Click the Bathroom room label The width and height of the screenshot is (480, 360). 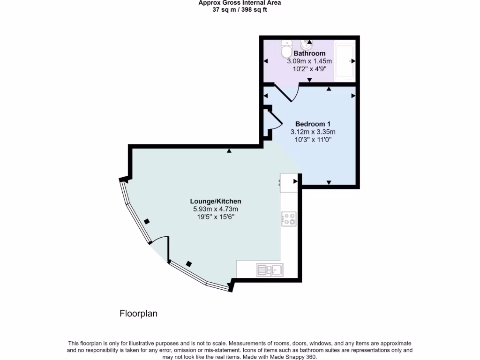click(309, 53)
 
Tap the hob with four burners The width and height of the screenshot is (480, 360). click(289, 219)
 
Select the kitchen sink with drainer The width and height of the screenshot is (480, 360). click(269, 270)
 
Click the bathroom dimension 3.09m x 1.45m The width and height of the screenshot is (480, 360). click(309, 61)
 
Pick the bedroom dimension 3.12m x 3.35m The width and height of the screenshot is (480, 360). click(313, 132)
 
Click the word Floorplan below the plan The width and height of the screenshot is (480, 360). click(138, 314)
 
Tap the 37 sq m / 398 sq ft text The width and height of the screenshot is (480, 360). click(240, 9)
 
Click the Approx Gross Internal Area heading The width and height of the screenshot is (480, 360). click(240, 3)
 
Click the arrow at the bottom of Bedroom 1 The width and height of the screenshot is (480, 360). click(329, 182)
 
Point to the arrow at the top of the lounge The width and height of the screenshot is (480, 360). click(229, 151)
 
